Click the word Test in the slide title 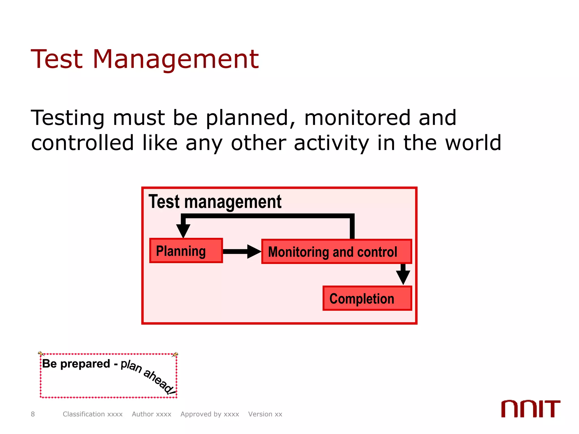pyautogui.click(x=57, y=59)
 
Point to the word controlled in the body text pyautogui.click(x=82, y=143)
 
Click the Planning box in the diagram pyautogui.click(x=186, y=251)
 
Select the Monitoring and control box pyautogui.click(x=336, y=251)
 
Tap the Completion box pyautogui.click(x=367, y=298)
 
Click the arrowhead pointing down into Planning pyautogui.click(x=183, y=231)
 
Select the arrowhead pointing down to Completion pyautogui.click(x=403, y=277)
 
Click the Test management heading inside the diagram pyautogui.click(x=215, y=202)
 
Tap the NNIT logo pyautogui.click(x=530, y=409)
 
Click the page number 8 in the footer pyautogui.click(x=33, y=414)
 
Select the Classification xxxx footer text pyautogui.click(x=92, y=414)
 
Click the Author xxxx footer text pyautogui.click(x=152, y=414)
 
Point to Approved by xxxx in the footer pyautogui.click(x=210, y=414)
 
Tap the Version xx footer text pyautogui.click(x=265, y=414)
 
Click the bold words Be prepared pyautogui.click(x=76, y=364)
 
